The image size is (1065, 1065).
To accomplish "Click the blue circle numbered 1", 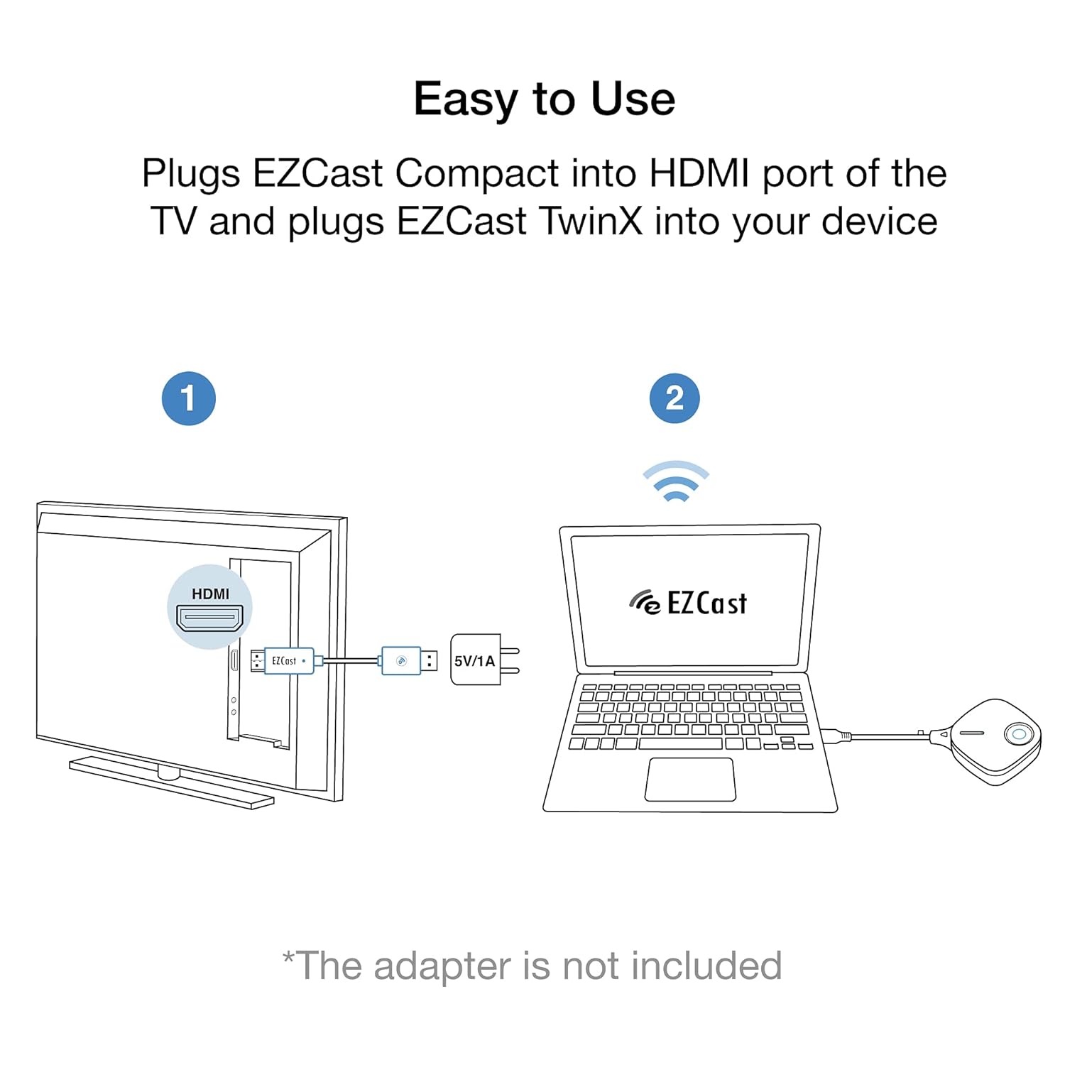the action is coord(189,398).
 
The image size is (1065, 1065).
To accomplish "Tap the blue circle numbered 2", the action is coord(674,398).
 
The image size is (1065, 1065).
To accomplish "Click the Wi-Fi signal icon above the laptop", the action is coord(676,482).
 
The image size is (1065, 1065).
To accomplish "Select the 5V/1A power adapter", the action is coord(485,660).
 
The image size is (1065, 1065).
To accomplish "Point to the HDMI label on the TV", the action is coord(211,594).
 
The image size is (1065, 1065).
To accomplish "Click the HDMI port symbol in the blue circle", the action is coord(209,618).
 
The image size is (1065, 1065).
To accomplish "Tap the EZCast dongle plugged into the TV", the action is coord(288,660).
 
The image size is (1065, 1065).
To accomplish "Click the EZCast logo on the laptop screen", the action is coord(687,603).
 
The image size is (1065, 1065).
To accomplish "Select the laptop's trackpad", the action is coord(690,779).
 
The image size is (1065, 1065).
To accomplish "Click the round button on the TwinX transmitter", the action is coord(1018,734).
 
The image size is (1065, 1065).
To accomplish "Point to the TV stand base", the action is coord(171,782).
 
